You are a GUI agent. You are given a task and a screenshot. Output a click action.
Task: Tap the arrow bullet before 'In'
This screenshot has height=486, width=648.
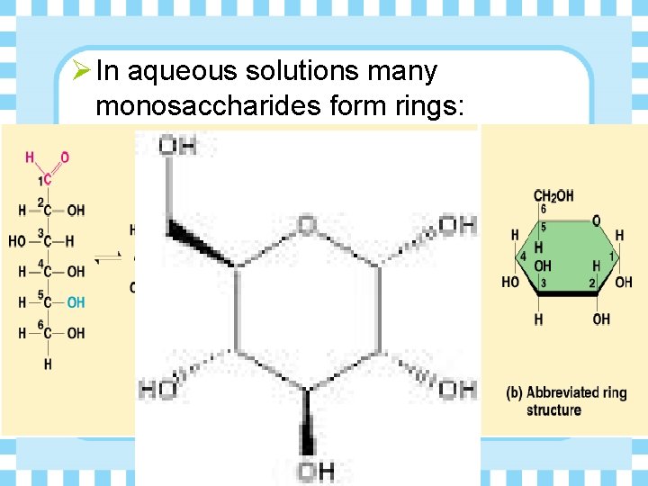click(79, 70)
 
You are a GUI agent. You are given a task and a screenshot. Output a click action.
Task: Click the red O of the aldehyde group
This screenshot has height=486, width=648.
click(64, 157)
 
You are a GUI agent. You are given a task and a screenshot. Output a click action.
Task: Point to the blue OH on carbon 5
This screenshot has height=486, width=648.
click(76, 302)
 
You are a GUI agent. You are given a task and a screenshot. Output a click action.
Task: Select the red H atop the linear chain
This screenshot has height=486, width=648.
click(30, 157)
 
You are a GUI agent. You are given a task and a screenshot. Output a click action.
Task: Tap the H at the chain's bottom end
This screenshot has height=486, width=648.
click(47, 364)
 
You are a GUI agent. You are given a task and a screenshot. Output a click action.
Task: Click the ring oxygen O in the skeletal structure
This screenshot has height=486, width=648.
click(307, 222)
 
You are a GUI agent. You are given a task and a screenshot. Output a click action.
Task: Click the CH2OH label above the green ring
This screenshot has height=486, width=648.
click(553, 195)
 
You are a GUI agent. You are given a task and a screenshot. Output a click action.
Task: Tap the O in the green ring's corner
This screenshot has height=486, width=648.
click(596, 220)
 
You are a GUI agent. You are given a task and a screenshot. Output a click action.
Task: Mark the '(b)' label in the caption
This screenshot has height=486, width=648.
click(515, 392)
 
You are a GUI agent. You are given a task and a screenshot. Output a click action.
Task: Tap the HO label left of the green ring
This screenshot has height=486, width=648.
click(510, 282)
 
